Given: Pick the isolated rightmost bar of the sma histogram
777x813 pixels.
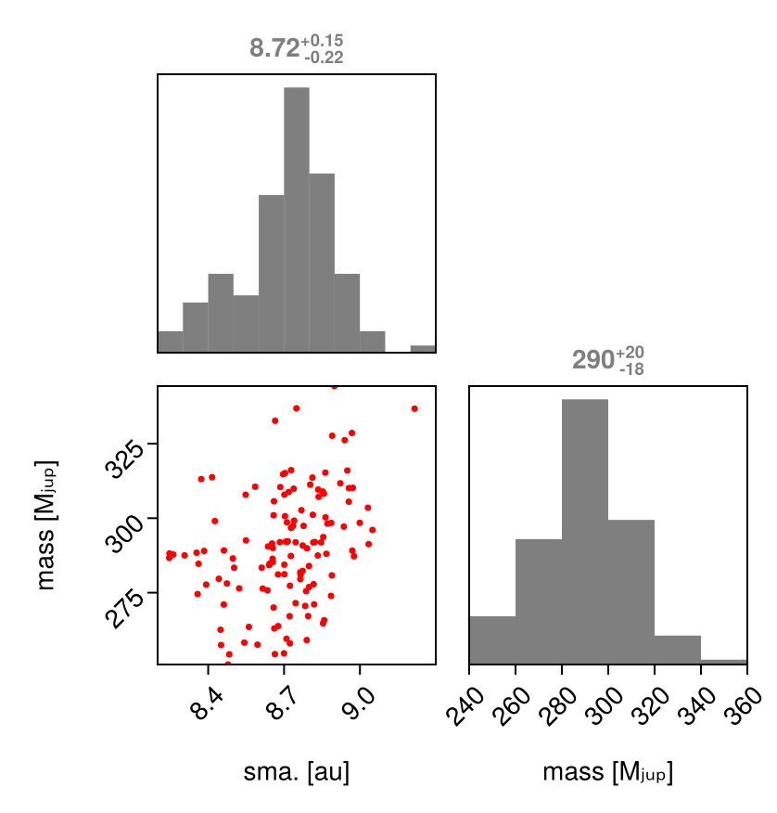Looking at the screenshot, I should [x=422, y=349].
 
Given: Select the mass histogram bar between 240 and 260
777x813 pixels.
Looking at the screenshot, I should [x=492, y=639].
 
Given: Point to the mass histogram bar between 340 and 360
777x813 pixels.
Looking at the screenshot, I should [x=723, y=661].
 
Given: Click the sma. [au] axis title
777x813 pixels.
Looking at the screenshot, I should [x=296, y=772].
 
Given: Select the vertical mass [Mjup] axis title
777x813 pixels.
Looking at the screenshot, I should [x=47, y=525].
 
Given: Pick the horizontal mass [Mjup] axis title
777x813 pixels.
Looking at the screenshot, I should [x=607, y=772].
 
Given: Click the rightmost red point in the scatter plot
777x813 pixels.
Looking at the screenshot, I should [x=414, y=408].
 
